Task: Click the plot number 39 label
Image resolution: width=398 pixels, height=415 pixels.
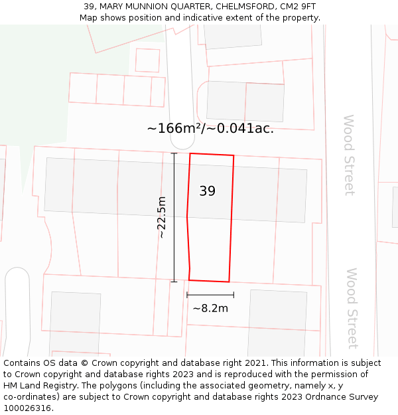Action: [x=207, y=191]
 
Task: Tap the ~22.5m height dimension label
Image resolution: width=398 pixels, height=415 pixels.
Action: [x=161, y=218]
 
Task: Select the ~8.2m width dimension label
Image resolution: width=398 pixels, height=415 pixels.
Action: [x=210, y=308]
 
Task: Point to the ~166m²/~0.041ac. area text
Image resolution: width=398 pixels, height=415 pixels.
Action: [x=210, y=128]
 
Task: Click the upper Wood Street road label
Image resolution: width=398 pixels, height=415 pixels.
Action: [x=349, y=155]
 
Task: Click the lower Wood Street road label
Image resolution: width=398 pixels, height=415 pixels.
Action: [x=352, y=308]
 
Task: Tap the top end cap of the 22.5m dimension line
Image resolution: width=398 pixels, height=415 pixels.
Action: [x=174, y=153]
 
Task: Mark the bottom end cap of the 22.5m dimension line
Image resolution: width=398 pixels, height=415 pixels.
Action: [x=174, y=282]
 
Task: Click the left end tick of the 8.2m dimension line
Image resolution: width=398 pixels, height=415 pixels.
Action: [x=187, y=295]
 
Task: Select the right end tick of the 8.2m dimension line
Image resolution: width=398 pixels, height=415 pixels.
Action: [x=233, y=295]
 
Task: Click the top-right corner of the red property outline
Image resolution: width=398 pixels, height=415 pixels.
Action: [x=234, y=155]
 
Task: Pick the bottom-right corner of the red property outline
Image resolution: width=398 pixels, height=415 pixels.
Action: [x=229, y=282]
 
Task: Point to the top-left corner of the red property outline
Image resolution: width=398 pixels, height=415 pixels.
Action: [x=190, y=153]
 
